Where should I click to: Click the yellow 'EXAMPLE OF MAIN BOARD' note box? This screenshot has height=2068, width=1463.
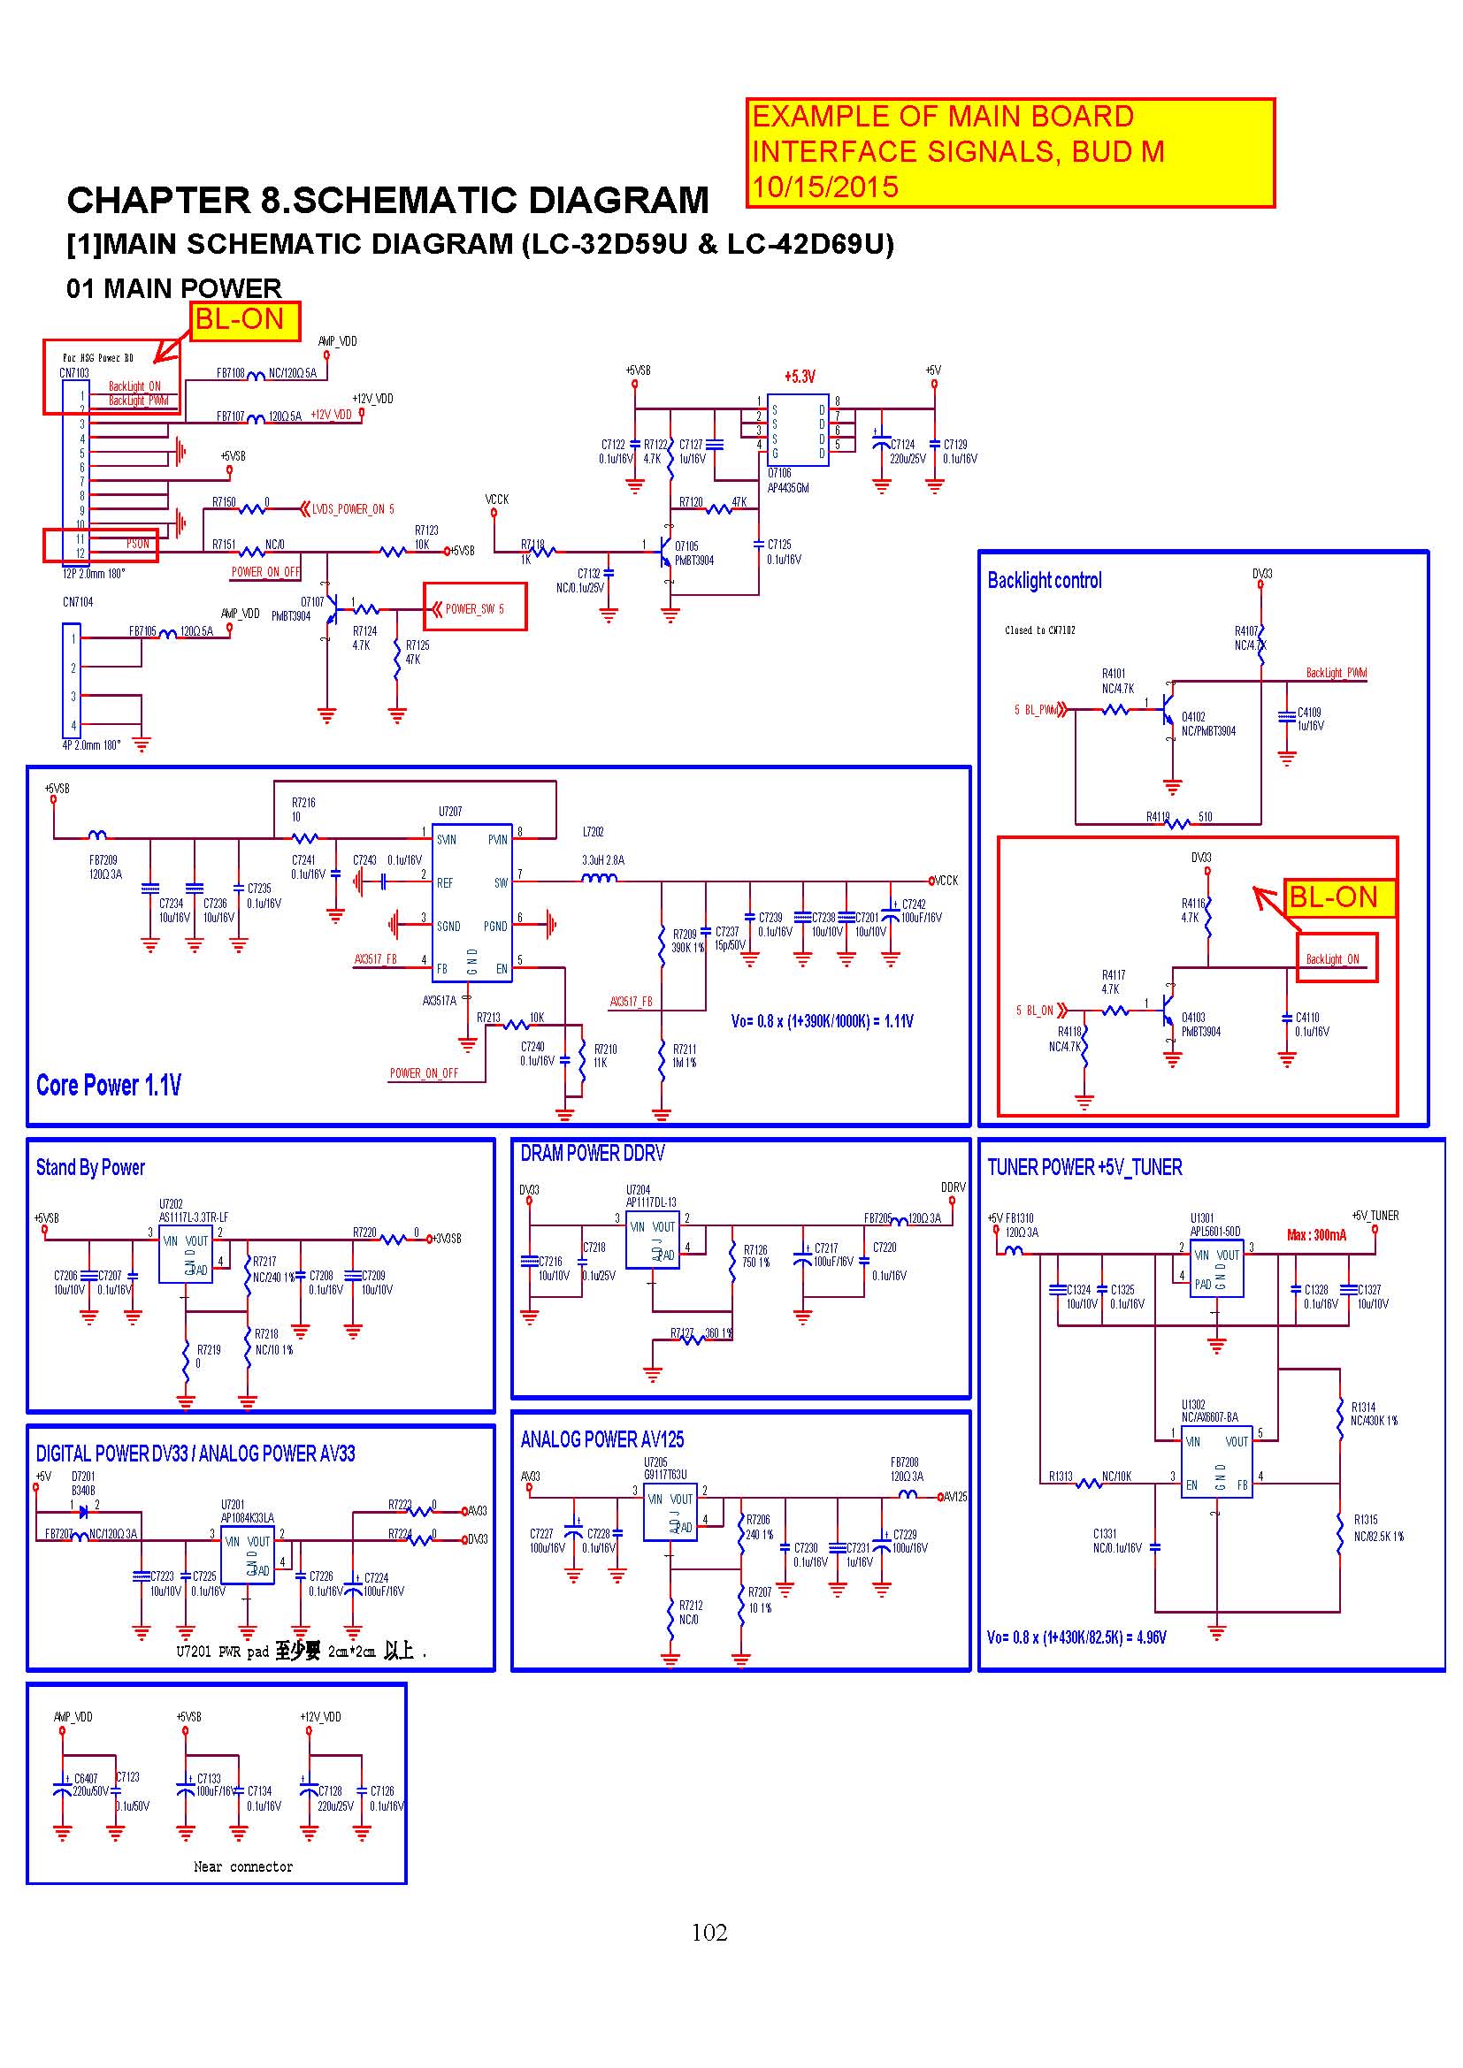(x=1009, y=152)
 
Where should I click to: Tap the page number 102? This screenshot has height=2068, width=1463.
(x=709, y=1932)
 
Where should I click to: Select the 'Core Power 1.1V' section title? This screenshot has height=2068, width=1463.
(x=108, y=1086)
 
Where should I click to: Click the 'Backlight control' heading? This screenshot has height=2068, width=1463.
(x=1044, y=581)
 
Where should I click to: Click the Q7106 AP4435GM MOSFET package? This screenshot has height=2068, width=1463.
(x=797, y=431)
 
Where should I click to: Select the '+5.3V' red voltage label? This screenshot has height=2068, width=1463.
(x=799, y=377)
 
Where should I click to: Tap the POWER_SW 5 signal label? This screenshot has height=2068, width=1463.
(x=474, y=609)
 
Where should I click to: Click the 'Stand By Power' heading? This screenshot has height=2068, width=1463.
(x=90, y=1167)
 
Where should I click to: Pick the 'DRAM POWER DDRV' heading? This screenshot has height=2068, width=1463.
(x=592, y=1153)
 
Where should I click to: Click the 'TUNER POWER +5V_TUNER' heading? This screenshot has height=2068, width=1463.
(x=1084, y=1167)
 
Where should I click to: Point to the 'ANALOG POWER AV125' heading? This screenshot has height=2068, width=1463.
(x=601, y=1439)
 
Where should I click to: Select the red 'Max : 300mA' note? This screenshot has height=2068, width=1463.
(x=1316, y=1235)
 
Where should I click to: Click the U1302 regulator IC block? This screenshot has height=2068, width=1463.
(x=1215, y=1461)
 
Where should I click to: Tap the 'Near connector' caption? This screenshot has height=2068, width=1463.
(x=243, y=1866)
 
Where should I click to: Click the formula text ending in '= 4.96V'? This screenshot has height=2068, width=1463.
(x=1076, y=1637)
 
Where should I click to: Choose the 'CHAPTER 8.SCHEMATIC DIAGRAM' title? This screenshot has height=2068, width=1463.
(x=387, y=200)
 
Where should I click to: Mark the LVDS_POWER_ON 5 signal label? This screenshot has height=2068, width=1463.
(x=351, y=510)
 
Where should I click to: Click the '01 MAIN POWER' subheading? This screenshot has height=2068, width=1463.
(x=174, y=288)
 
